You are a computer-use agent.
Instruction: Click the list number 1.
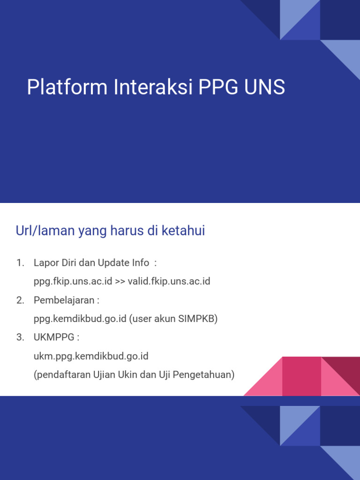click(20, 262)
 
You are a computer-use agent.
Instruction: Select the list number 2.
click(20, 300)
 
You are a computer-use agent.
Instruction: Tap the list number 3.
click(20, 337)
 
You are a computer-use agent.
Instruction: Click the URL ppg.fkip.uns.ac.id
click(73, 281)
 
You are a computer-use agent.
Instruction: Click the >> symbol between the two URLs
click(120, 281)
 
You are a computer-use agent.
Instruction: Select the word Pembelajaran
click(64, 300)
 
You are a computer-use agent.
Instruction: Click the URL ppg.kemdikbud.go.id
click(80, 319)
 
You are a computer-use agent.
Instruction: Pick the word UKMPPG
click(53, 337)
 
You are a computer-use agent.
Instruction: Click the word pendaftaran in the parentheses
click(59, 375)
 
